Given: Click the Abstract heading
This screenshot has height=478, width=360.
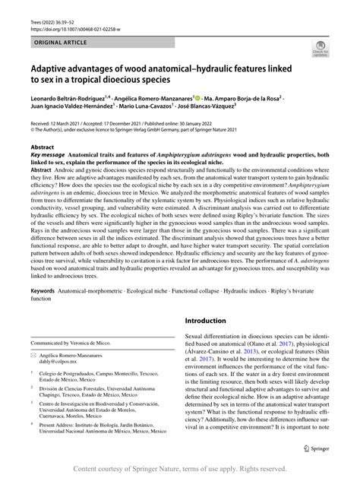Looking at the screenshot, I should [x=42, y=145].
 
